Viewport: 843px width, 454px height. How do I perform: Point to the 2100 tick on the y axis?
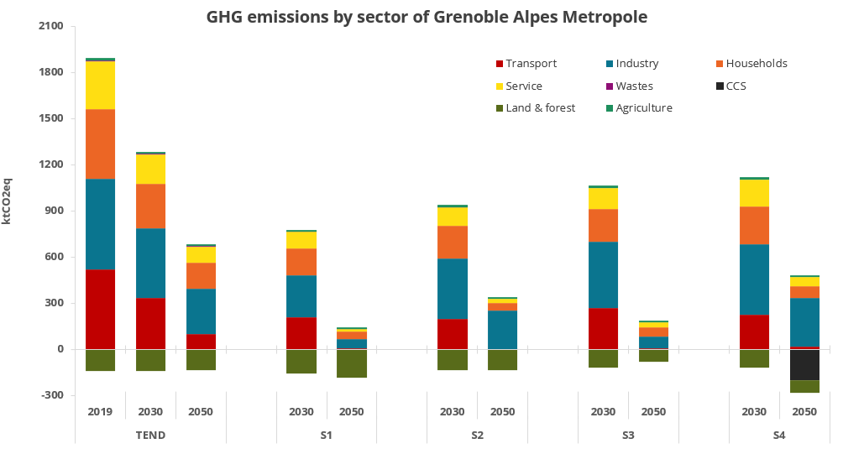click(x=51, y=26)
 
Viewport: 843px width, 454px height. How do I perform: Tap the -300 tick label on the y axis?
click(x=52, y=395)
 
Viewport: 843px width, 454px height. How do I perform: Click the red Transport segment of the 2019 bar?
click(x=100, y=309)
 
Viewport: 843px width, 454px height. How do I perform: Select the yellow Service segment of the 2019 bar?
click(x=100, y=85)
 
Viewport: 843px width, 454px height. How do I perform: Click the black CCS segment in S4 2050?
click(x=804, y=364)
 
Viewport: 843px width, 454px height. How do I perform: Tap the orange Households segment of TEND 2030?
click(x=150, y=206)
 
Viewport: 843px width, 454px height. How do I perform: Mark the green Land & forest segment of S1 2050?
click(x=352, y=363)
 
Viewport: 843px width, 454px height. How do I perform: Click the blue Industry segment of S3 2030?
click(x=603, y=274)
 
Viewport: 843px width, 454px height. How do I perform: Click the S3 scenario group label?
click(x=628, y=435)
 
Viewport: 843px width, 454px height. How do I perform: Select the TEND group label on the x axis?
click(x=150, y=435)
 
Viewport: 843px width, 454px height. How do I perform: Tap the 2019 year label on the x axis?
click(x=100, y=411)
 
